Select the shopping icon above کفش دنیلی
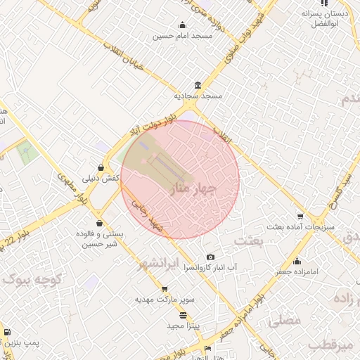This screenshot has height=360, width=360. tap(103, 168)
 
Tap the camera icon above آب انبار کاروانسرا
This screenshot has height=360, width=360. tap(210, 257)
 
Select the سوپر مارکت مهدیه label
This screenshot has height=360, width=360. tap(165, 300)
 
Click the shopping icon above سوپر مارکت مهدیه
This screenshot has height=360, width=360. tap(165, 288)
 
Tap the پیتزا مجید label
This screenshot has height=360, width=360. tap(184, 326)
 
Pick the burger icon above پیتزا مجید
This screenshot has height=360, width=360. tap(184, 315)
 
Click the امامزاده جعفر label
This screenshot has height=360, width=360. tap(297, 271)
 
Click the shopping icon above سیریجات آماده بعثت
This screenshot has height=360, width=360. tap(300, 217)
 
